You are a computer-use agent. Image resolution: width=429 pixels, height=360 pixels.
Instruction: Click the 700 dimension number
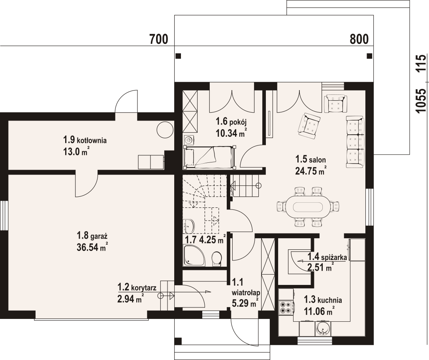click(159, 40)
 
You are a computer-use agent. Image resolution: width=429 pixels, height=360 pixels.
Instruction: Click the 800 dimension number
click(359, 40)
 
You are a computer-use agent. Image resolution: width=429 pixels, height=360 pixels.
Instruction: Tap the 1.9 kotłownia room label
click(85, 140)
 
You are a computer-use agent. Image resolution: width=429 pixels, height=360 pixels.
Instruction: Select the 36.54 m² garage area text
click(92, 247)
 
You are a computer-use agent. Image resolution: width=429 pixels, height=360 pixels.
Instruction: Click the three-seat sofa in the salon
click(355, 142)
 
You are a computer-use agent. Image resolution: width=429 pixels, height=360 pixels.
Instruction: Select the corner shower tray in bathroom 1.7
click(194, 255)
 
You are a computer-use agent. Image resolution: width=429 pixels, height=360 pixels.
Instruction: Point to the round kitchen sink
click(324, 328)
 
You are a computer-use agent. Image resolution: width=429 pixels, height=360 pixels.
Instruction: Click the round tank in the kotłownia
click(165, 129)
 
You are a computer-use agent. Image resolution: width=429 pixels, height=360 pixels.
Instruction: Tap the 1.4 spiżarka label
click(327, 257)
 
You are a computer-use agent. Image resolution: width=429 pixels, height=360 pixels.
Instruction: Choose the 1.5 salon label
click(310, 159)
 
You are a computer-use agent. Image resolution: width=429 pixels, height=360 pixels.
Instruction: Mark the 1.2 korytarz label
click(137, 288)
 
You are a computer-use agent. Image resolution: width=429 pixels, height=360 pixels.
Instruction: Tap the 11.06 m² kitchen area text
click(319, 311)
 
